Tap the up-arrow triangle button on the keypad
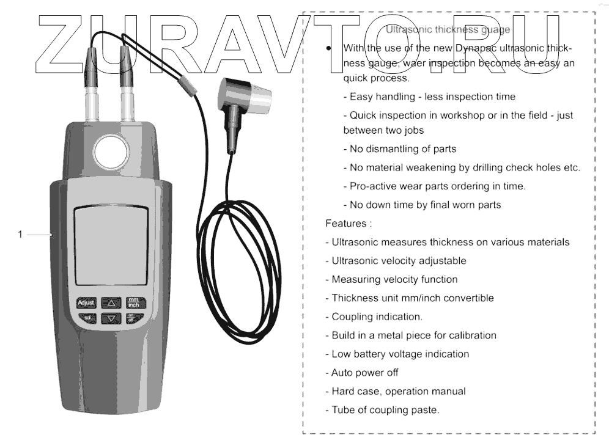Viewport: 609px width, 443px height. click(111, 302)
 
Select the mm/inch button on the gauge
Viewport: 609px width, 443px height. click(133, 302)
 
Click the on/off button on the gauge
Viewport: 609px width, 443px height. click(132, 318)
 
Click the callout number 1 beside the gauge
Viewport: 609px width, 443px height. click(20, 234)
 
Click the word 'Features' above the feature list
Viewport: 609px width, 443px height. click(346, 224)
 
